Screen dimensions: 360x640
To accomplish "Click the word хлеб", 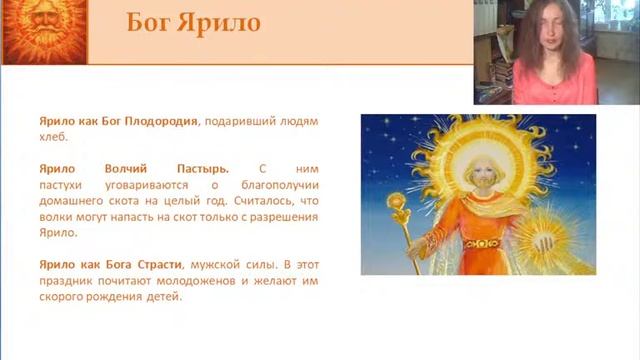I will (x=51, y=139).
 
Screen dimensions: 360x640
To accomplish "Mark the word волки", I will (x=58, y=217).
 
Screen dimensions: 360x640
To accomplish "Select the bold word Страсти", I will (x=152, y=264).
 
